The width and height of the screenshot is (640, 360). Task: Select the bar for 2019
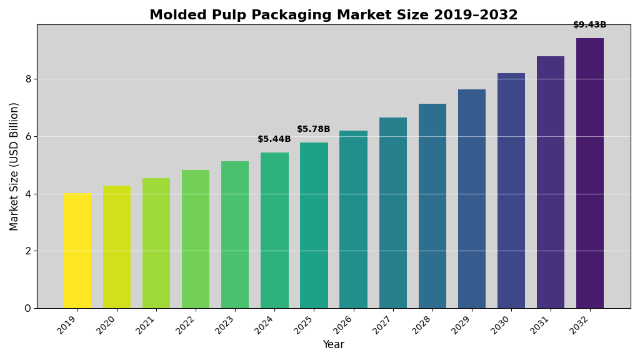77,251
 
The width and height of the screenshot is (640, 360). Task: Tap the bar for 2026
353,219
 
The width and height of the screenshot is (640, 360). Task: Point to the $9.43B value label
590,25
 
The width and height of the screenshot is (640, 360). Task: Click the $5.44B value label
274,139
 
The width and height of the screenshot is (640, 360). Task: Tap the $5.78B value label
314,129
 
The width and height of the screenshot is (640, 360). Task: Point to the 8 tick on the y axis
28,79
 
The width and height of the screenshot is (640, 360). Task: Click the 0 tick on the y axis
28,308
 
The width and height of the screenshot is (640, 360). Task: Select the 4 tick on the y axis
28,194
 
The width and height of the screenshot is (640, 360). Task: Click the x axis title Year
333,345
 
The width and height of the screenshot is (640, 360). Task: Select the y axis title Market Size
14,166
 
